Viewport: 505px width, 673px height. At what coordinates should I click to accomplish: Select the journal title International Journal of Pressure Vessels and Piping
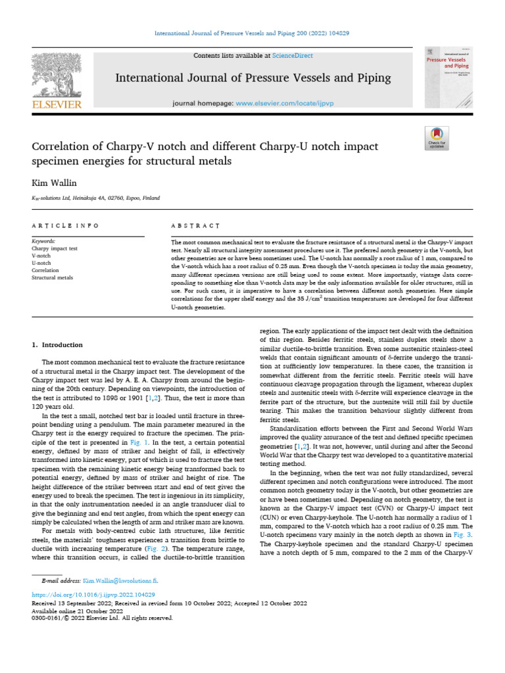tap(252, 78)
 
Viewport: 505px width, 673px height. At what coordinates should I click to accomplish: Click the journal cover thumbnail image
tap(450, 77)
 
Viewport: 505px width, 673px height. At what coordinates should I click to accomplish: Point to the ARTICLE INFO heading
tap(66, 225)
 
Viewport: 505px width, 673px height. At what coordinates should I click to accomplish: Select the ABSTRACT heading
tap(195, 225)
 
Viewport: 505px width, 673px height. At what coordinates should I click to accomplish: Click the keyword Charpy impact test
tap(55, 249)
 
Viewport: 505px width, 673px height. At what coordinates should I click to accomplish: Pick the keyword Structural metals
tap(52, 278)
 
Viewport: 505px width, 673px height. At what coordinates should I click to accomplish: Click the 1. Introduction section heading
tap(58, 344)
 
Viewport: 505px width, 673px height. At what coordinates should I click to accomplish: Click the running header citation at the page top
tap(252, 33)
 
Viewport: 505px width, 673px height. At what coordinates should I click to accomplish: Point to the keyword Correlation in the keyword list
tap(45, 271)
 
